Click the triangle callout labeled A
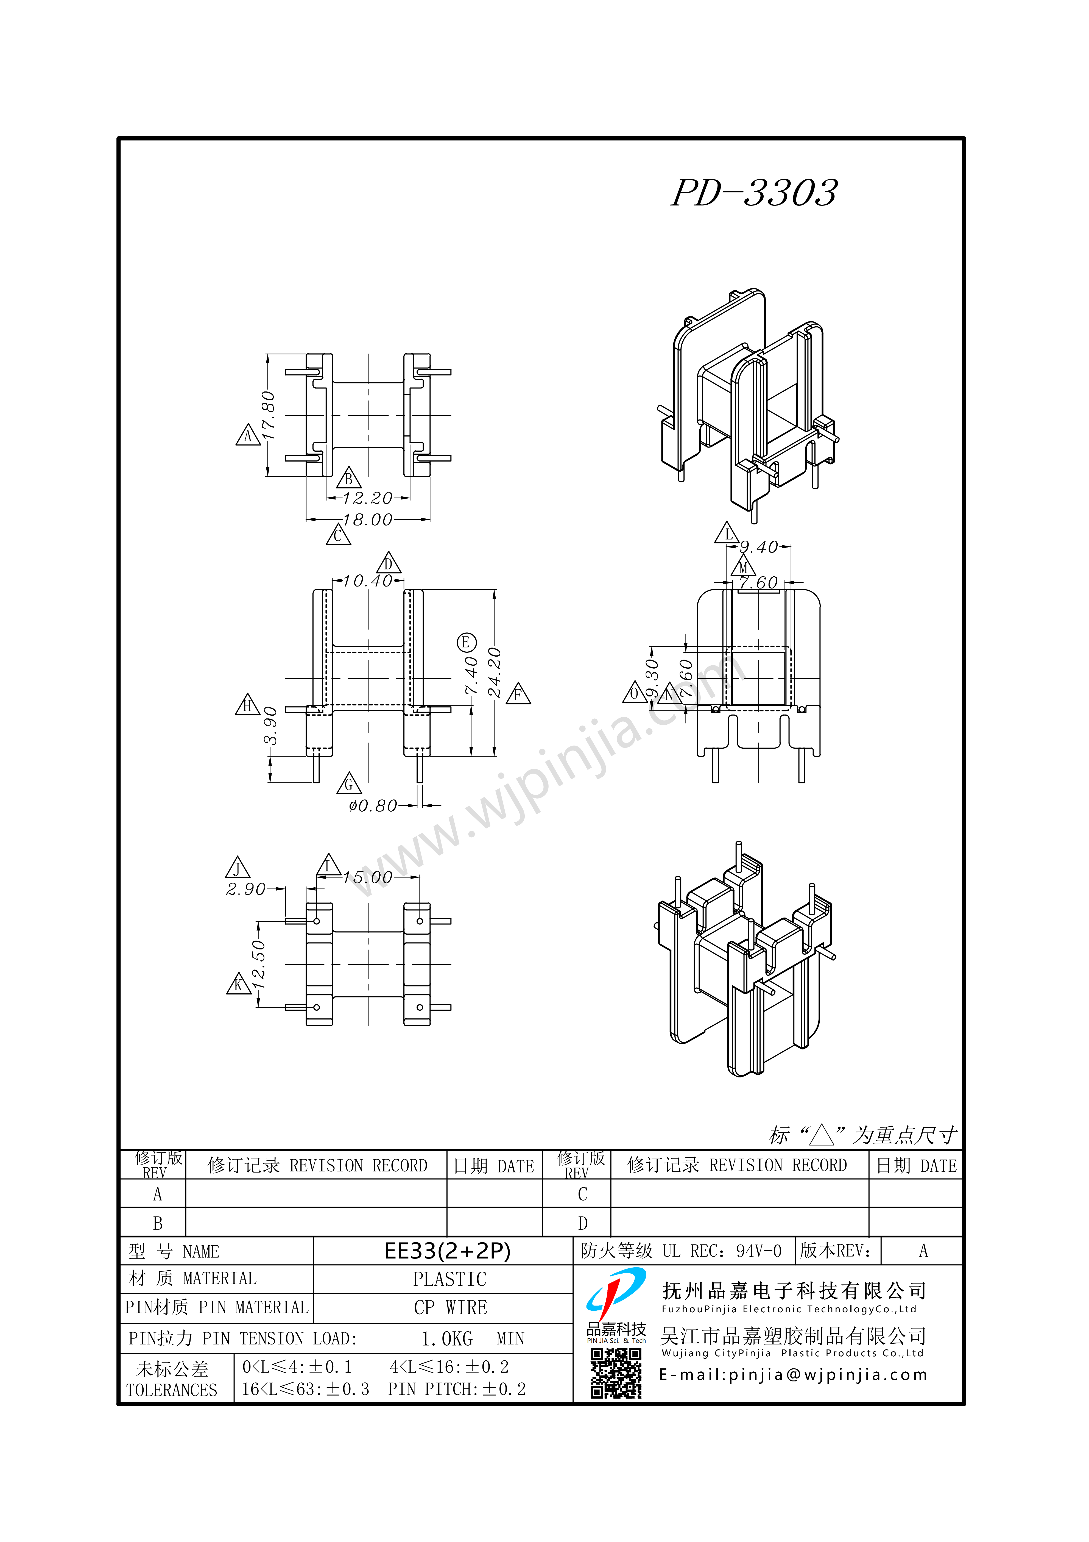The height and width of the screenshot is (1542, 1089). point(248,435)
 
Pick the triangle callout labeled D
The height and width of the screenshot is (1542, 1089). point(388,563)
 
